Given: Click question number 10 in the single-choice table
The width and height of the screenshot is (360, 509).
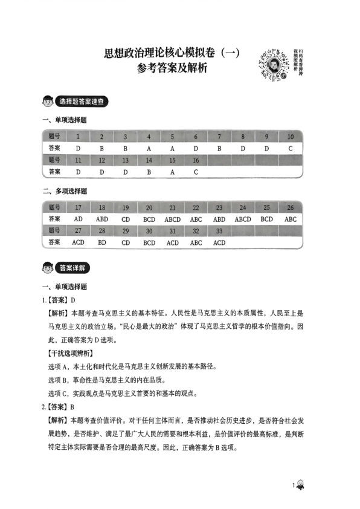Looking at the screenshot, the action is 290,137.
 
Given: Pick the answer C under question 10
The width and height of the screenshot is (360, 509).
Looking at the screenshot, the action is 290,148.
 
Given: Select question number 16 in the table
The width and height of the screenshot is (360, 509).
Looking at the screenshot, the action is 196,160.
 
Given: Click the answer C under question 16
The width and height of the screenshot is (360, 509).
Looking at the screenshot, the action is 196,172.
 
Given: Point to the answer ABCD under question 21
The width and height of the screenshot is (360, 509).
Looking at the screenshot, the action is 172,219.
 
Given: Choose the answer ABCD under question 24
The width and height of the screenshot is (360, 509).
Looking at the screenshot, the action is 243,219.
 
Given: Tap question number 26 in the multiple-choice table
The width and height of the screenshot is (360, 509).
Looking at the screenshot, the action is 290,207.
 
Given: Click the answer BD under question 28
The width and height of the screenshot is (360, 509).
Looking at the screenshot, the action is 101,242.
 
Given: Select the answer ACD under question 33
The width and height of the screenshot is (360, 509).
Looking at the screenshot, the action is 219,242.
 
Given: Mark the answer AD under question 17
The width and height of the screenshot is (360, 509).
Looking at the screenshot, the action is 78,219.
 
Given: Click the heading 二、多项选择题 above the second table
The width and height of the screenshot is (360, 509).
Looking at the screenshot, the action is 65,191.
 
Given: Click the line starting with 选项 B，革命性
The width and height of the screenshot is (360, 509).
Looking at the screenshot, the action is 115,380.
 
